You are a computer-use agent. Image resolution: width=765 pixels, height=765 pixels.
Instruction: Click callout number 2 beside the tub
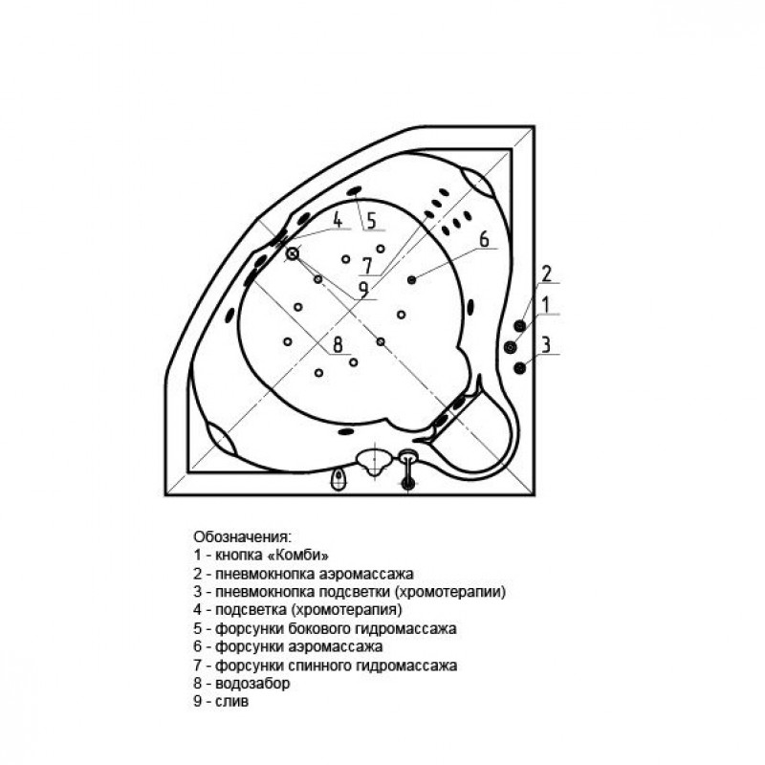click(546, 273)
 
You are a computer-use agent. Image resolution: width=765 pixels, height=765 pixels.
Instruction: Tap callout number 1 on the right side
click(546, 305)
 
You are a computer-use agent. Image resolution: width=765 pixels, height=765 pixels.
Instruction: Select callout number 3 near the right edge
click(546, 344)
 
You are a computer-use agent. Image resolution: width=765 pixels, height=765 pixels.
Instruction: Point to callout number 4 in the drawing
click(338, 220)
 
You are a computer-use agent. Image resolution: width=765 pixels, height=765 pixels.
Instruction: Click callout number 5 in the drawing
click(371, 221)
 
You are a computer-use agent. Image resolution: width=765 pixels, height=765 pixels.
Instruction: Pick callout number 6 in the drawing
click(484, 240)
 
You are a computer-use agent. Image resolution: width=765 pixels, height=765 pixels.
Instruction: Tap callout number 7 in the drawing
click(367, 266)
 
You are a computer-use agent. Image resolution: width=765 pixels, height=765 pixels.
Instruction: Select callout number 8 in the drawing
click(338, 344)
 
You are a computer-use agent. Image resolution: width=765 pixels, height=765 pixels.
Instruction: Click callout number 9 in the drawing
click(363, 290)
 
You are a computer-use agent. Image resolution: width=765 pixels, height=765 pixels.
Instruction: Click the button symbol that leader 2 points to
click(519, 325)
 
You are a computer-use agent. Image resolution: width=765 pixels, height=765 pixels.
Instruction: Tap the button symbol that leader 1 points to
click(511, 347)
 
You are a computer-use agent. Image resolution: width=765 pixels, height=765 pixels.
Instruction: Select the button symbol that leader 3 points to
click(519, 367)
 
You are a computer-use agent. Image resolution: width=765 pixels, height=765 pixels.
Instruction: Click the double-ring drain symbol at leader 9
click(293, 253)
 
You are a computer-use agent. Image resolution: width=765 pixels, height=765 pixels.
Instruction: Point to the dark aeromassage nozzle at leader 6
click(412, 279)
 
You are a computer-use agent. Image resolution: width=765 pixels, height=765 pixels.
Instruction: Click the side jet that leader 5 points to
click(354, 190)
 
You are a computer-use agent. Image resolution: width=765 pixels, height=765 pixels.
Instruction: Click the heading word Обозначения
click(242, 537)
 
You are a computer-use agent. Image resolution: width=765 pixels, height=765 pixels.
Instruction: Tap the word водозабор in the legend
click(252, 684)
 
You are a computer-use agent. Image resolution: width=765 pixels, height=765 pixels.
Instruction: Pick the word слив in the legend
click(231, 702)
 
